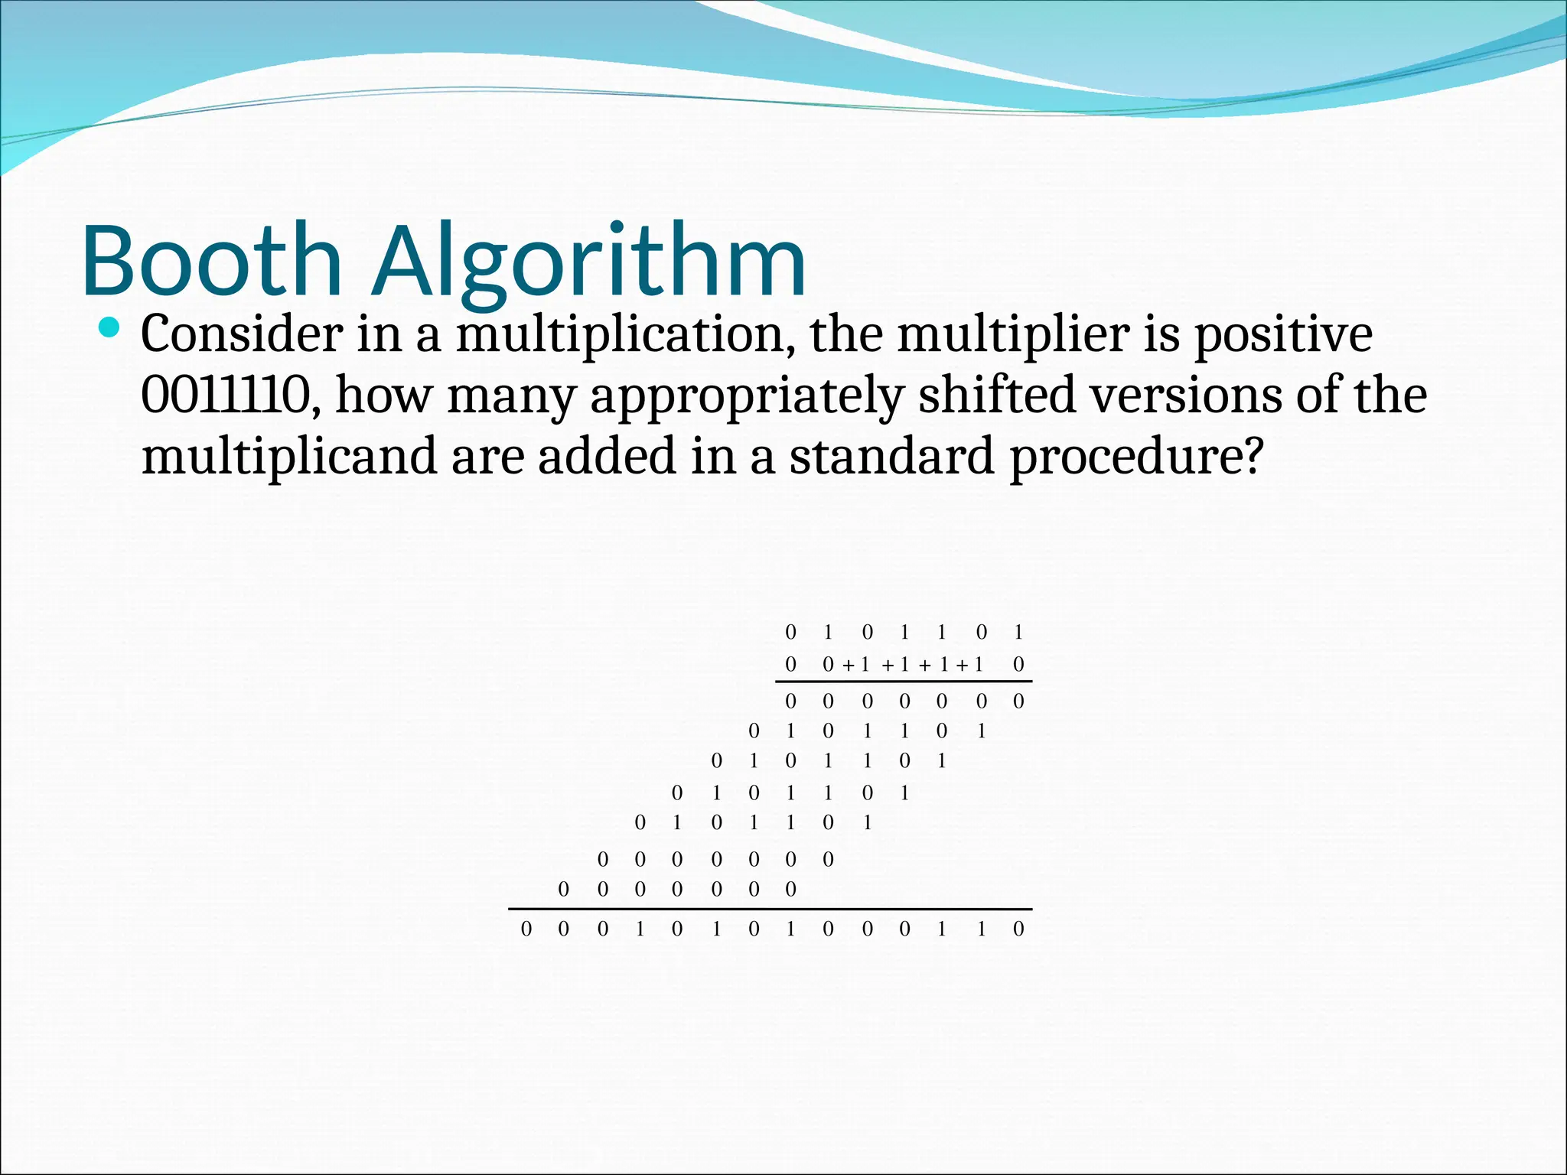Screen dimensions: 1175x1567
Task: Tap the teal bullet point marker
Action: (x=110, y=328)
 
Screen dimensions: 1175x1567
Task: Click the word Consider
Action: (x=241, y=334)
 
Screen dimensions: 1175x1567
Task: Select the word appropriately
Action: (x=747, y=396)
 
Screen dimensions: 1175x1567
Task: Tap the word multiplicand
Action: (x=289, y=456)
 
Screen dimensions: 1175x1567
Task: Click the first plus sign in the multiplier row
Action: (x=848, y=666)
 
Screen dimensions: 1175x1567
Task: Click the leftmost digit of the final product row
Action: (x=526, y=929)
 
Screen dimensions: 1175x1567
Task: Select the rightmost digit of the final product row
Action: (x=1018, y=929)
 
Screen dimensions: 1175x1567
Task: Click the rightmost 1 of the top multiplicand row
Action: (x=1018, y=632)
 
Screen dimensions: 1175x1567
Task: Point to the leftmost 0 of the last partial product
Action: (x=564, y=889)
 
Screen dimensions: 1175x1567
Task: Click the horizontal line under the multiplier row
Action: (x=904, y=681)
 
